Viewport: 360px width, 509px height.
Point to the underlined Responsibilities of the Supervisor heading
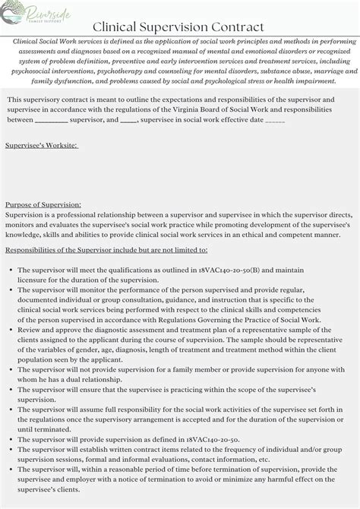tap(106, 250)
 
